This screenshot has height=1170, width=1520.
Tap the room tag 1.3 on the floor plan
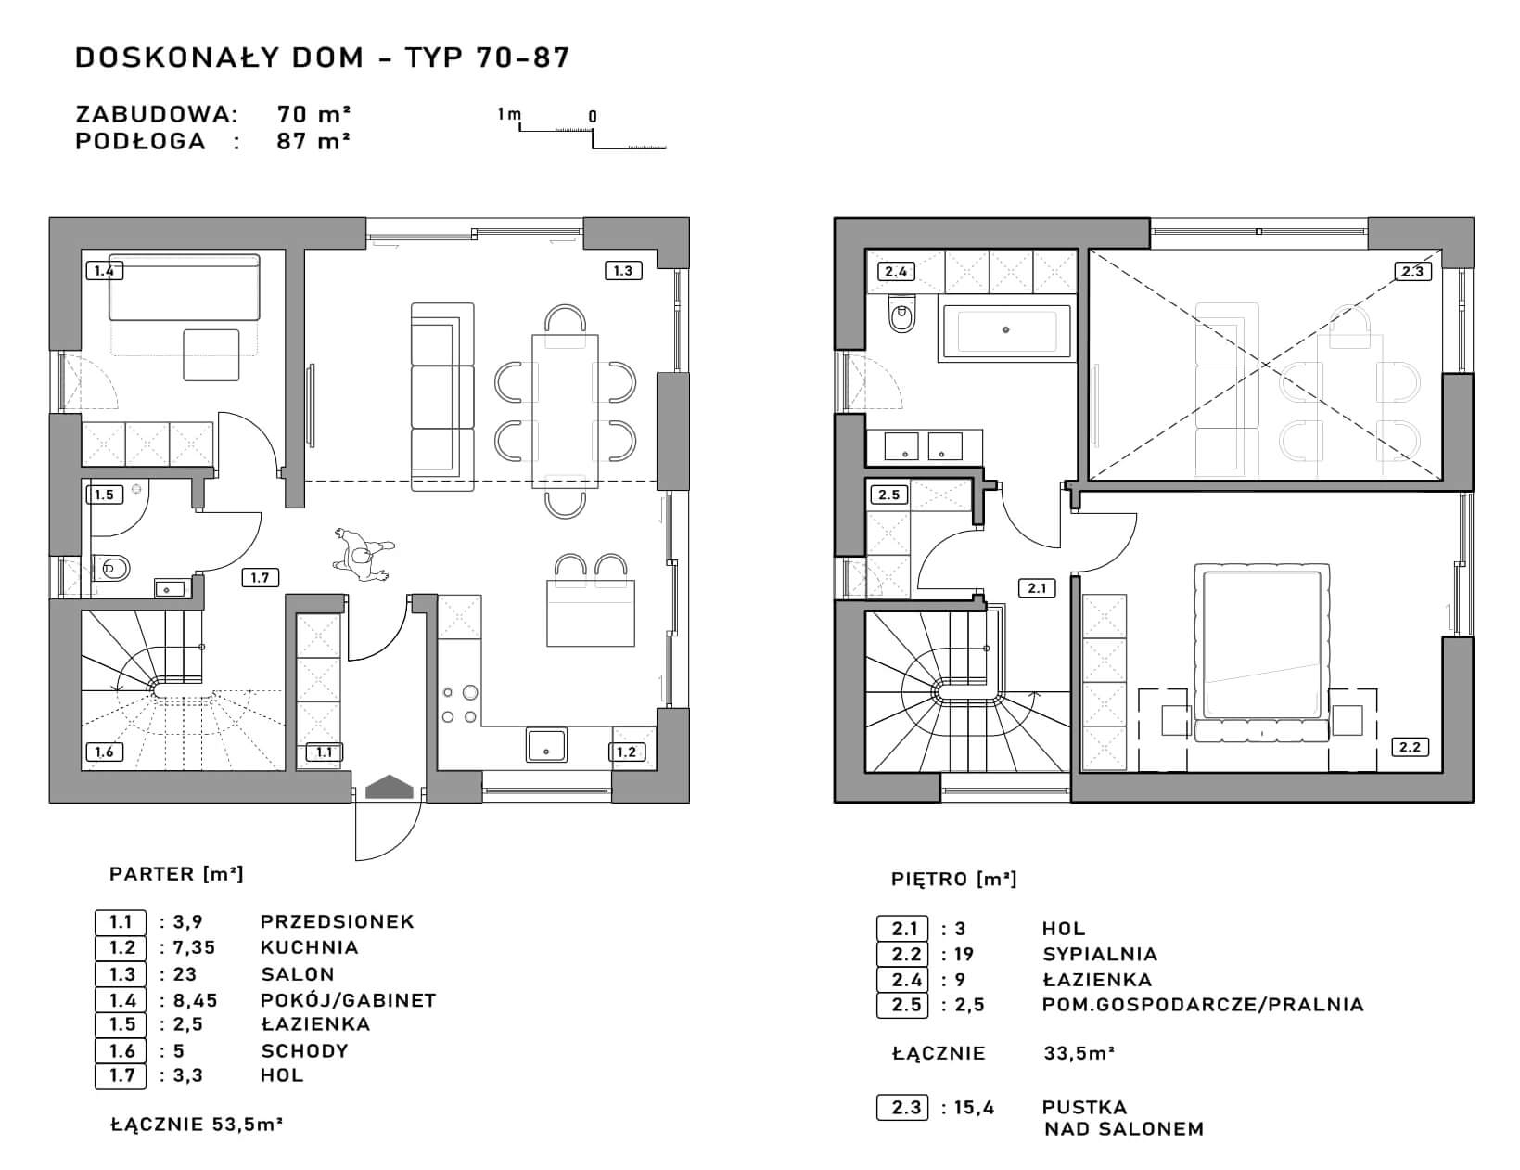click(x=622, y=271)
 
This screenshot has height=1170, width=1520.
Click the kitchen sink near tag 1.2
click(x=545, y=744)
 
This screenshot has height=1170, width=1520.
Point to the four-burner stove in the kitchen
click(x=460, y=704)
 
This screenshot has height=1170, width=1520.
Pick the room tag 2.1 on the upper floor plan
click(x=1037, y=588)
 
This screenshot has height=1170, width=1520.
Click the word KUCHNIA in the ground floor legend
click(x=309, y=947)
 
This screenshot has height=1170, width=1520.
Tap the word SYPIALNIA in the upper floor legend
click(x=1100, y=955)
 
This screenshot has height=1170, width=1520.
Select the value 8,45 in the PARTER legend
click(x=195, y=1000)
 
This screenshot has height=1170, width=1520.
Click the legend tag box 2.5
click(x=902, y=1005)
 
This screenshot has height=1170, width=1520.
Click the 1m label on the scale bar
click(x=509, y=114)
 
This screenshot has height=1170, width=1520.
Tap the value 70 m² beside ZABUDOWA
click(x=313, y=113)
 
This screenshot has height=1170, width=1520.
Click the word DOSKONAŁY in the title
click(x=172, y=58)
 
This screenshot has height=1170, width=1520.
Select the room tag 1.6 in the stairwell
click(x=104, y=752)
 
